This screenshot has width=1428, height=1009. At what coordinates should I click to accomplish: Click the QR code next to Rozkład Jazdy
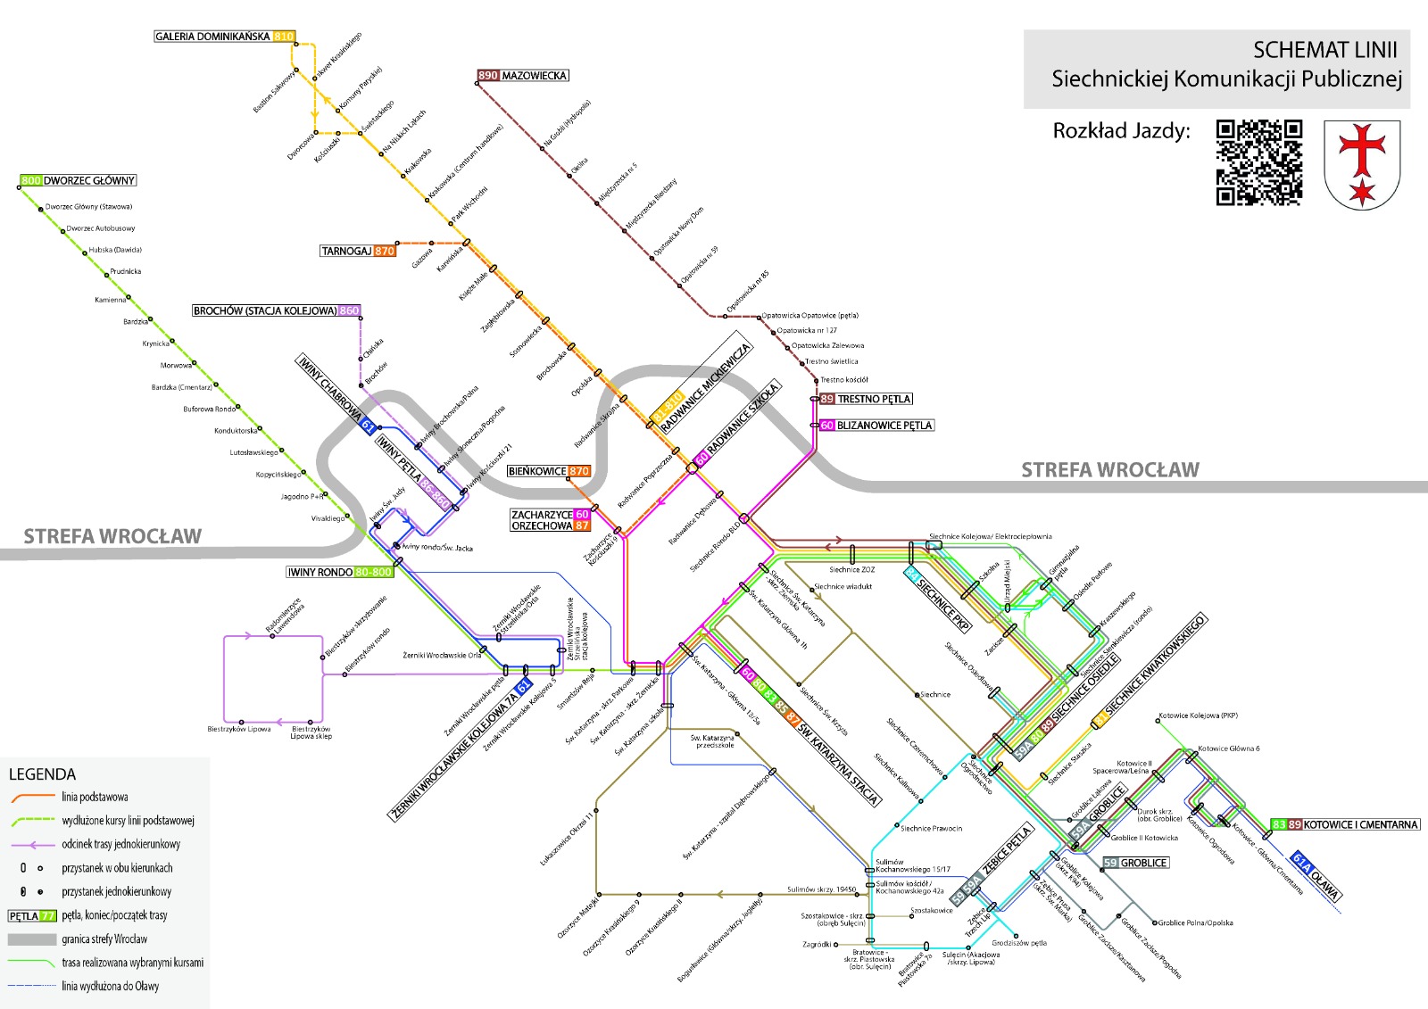(x=1259, y=162)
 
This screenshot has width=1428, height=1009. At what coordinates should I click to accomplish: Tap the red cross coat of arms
(x=1361, y=165)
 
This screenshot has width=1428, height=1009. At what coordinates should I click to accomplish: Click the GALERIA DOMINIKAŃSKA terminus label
(x=224, y=37)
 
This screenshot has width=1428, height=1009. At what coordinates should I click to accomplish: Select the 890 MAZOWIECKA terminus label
(x=523, y=76)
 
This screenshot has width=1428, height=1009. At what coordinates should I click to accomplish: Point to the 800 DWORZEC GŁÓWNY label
(x=79, y=180)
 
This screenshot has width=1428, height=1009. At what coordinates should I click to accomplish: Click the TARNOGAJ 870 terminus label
(x=358, y=251)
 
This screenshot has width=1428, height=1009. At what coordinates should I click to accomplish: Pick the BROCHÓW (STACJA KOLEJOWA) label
(x=277, y=310)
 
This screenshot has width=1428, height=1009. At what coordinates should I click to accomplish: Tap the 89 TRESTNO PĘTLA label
(x=866, y=399)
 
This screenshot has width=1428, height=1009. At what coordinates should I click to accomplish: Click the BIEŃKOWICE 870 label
(x=548, y=471)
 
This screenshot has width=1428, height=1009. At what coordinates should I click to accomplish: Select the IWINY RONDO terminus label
(x=339, y=572)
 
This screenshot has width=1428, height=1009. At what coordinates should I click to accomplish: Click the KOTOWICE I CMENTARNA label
(x=1345, y=824)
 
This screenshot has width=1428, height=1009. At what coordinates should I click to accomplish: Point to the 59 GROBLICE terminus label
(x=1135, y=863)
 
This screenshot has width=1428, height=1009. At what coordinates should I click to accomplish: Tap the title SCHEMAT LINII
(x=1324, y=50)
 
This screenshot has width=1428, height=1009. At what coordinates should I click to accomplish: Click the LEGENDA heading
(x=42, y=773)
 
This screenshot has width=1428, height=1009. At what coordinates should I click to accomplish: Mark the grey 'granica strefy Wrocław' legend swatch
(x=32, y=939)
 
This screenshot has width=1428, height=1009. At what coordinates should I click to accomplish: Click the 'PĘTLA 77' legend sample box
(x=32, y=915)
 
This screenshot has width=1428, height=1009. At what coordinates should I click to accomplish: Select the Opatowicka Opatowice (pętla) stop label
(x=809, y=316)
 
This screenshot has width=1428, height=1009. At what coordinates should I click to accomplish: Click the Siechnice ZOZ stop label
(x=851, y=569)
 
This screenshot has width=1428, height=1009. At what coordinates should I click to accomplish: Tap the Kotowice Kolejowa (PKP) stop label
(x=1198, y=715)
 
